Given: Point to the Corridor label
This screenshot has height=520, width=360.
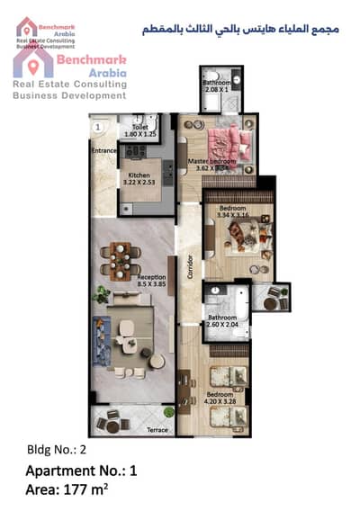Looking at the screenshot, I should coord(191,273).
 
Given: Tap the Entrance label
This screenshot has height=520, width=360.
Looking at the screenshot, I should coord(104,150).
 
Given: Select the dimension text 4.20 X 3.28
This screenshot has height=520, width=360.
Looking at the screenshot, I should coord(221,403).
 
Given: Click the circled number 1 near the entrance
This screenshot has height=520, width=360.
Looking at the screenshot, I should coord(96,127).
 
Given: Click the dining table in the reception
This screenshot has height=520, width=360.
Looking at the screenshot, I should coord(121,260).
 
